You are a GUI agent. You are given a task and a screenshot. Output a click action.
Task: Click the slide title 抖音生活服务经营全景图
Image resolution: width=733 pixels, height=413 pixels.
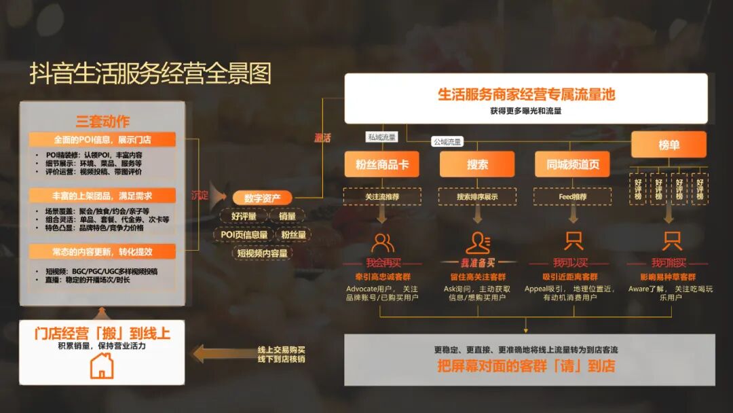click(x=150, y=73)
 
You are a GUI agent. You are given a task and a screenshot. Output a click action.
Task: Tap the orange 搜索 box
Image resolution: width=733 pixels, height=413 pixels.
click(x=477, y=164)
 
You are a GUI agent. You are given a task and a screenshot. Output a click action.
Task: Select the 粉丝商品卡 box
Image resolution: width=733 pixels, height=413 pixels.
click(x=382, y=164)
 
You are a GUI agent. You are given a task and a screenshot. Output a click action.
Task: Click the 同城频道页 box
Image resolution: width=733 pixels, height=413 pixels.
click(x=572, y=164)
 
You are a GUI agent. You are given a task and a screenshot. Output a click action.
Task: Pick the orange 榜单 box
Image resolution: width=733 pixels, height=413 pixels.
click(x=669, y=145)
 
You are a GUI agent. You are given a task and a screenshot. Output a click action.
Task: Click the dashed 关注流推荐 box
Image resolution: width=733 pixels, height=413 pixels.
click(x=382, y=196)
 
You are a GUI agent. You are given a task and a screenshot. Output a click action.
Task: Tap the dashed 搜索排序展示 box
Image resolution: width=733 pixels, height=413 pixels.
click(x=477, y=196)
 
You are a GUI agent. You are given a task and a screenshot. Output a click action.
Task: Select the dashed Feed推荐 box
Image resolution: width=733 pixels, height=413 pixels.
click(x=572, y=196)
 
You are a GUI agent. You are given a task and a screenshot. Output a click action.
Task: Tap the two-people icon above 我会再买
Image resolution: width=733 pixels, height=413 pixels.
click(x=382, y=241)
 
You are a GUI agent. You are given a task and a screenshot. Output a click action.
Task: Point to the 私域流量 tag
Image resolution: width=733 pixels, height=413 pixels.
click(x=381, y=137)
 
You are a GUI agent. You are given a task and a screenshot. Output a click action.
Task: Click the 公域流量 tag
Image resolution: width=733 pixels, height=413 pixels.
click(x=447, y=142)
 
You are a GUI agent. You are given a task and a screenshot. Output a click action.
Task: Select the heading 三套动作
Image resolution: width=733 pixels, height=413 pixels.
click(x=102, y=122)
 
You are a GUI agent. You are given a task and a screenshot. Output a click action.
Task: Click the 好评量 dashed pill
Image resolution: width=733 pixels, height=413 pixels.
click(x=243, y=217)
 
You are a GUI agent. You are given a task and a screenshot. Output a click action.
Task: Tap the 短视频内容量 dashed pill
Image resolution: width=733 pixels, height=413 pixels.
click(x=262, y=253)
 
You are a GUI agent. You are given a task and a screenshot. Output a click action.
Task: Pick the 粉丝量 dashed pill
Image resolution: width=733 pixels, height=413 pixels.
click(x=293, y=235)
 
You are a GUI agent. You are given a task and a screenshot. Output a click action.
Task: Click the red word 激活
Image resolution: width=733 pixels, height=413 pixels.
click(x=322, y=138)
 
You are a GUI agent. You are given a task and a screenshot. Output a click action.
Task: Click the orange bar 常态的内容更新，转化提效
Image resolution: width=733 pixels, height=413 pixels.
click(x=102, y=251)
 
